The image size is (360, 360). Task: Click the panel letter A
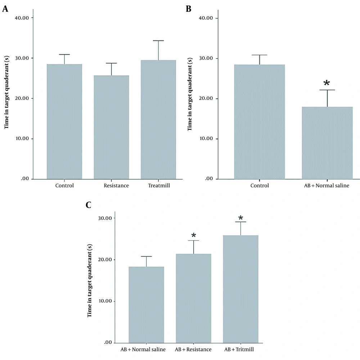[x=5, y=9]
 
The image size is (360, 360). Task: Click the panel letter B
[x=188, y=9]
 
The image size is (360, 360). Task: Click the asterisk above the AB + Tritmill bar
[x=240, y=218]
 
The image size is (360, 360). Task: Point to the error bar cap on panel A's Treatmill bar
[x=158, y=41]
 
